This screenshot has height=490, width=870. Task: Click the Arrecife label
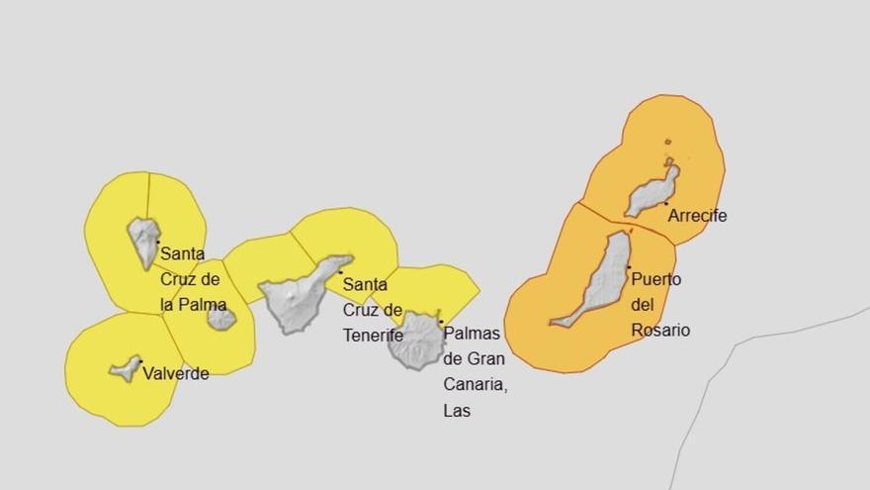[x=697, y=215]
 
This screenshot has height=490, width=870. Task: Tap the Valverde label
[x=176, y=374]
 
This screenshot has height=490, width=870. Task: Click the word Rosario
[x=660, y=331]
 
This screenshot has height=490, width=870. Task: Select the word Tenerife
[x=373, y=336]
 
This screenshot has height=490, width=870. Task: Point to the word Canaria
[x=476, y=384]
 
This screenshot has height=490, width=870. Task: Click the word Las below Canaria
[x=457, y=410]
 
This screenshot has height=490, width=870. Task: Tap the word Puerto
[x=655, y=279]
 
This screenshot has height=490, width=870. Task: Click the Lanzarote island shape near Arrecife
[x=652, y=192]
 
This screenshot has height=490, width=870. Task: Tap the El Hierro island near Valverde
[x=126, y=369]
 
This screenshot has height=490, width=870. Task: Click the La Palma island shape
[x=144, y=240]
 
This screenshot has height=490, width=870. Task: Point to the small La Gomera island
[x=221, y=319]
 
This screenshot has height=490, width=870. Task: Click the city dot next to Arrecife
[x=665, y=204]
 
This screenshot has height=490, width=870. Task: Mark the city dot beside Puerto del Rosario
[x=628, y=266]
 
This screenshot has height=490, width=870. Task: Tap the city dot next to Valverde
[x=140, y=361]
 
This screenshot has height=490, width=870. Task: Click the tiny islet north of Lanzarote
[x=668, y=142]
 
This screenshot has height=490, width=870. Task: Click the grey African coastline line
[x=751, y=342]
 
